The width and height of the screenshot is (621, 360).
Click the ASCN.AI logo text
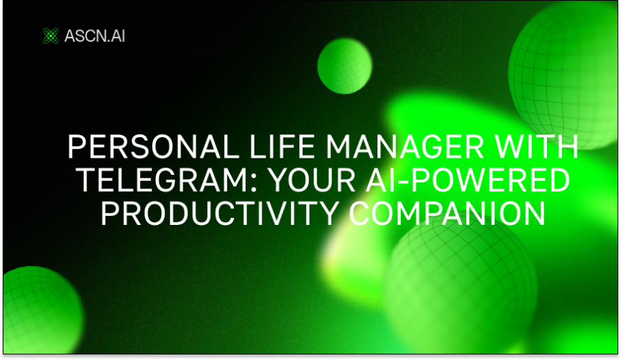click(95, 35)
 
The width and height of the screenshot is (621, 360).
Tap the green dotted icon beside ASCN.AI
click(50, 35)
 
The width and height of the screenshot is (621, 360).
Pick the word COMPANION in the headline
click(447, 213)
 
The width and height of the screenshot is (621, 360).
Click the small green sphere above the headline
click(344, 66)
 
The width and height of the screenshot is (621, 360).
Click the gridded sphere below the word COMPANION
click(460, 288)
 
